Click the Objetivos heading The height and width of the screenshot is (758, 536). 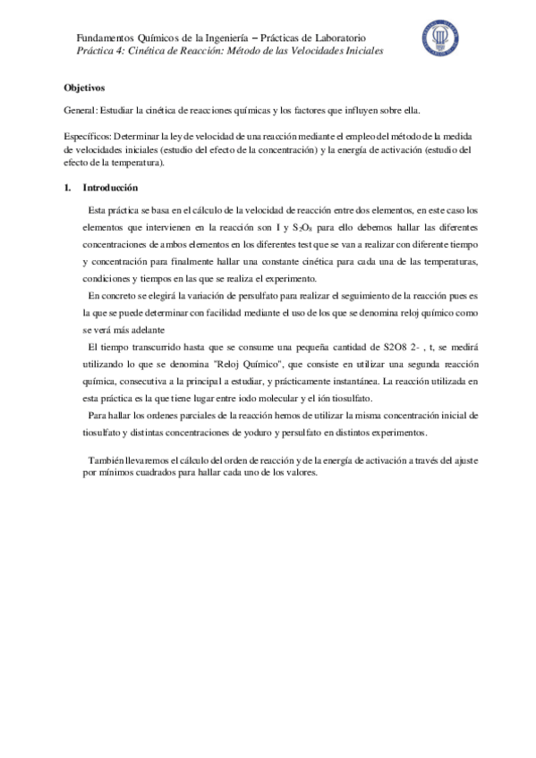tap(85, 88)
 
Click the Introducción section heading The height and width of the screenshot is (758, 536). tap(109, 189)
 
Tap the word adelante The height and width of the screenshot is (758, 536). tap(112, 326)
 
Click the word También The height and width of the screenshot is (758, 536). tap(106, 459)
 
